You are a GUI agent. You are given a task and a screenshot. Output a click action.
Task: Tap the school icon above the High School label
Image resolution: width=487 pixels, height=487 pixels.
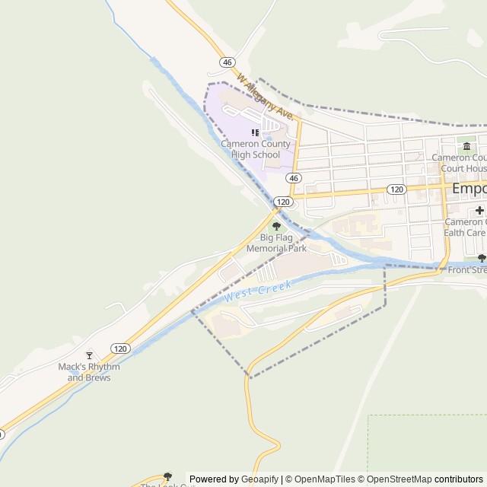point(256,133)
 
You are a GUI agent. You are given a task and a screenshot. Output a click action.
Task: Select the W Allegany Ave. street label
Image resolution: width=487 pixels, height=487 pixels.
point(265,96)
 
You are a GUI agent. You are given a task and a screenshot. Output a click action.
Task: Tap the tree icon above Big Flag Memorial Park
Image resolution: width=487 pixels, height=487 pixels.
point(276,226)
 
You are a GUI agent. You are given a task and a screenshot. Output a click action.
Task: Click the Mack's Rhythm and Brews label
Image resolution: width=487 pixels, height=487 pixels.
point(89,372)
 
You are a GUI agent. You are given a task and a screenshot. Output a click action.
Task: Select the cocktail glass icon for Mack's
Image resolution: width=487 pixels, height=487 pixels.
point(89,355)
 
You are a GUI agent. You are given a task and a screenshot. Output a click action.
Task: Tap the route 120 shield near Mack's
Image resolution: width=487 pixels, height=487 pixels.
point(119,349)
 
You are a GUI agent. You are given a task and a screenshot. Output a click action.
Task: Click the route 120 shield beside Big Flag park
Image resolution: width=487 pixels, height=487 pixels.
point(283,202)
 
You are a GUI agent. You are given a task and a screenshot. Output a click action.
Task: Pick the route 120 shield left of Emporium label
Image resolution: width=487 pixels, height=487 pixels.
point(395,189)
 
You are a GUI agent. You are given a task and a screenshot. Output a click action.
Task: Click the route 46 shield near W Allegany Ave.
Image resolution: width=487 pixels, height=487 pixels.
point(227,62)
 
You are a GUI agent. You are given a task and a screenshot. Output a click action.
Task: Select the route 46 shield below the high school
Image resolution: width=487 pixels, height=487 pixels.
point(294,177)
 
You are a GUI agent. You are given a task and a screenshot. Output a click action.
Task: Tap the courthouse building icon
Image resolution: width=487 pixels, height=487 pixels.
point(466,146)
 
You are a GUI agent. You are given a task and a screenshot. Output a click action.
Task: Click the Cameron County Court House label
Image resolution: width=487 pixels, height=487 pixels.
point(460,163)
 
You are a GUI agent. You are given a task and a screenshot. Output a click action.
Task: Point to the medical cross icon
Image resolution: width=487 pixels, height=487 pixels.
point(479,210)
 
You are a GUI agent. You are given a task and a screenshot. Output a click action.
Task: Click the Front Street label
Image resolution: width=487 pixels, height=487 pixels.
point(466,269)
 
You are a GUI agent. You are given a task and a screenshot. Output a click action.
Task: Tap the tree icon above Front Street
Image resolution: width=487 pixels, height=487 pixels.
point(482,259)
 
